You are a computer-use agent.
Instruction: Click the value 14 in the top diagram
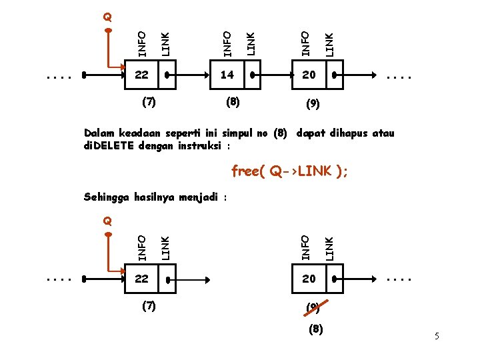(227, 75)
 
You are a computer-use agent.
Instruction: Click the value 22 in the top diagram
(141, 75)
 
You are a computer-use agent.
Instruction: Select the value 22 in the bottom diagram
(141, 279)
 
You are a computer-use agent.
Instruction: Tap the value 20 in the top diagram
(309, 75)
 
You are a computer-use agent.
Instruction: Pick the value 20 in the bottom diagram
(309, 279)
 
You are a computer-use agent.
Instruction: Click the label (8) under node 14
(233, 102)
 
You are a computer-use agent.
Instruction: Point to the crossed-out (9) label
(313, 308)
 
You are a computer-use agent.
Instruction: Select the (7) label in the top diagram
(149, 102)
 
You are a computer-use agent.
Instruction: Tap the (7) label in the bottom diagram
(149, 305)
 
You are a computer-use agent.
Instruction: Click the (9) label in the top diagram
(312, 105)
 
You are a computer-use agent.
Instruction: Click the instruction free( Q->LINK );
(289, 171)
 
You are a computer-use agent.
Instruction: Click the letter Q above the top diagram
(107, 17)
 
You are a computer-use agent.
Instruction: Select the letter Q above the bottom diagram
(107, 221)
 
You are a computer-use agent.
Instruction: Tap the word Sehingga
(107, 197)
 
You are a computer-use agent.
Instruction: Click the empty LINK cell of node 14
(251, 75)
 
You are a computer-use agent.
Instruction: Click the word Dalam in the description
(99, 133)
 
